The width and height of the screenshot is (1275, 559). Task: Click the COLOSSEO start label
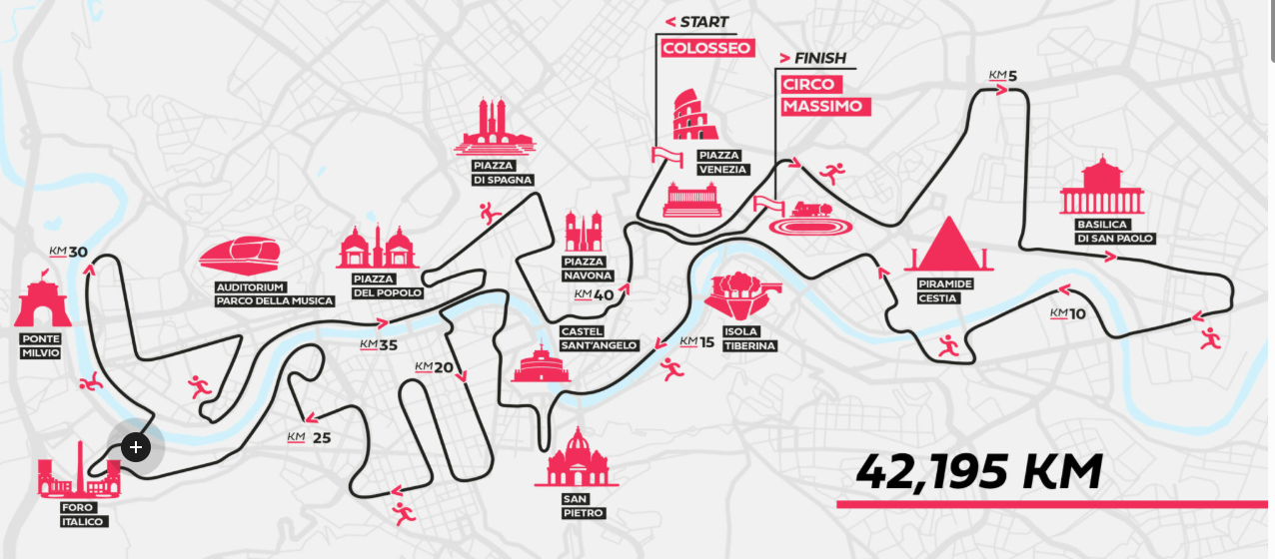706,48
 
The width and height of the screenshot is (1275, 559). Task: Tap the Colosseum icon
687,116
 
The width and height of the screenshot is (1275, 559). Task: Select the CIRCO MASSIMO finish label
825,95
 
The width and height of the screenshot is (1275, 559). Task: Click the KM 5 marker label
1002,76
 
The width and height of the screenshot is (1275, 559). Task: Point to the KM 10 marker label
1067,314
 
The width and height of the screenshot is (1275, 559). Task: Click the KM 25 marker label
308,437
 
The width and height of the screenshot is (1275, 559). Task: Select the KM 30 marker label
68,252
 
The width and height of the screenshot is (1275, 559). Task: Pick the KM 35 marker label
379,345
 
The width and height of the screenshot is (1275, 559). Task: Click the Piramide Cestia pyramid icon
946,245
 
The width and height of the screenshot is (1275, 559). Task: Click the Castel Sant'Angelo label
599,338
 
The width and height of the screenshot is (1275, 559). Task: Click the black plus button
136,447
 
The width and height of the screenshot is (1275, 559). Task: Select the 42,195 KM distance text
979,472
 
